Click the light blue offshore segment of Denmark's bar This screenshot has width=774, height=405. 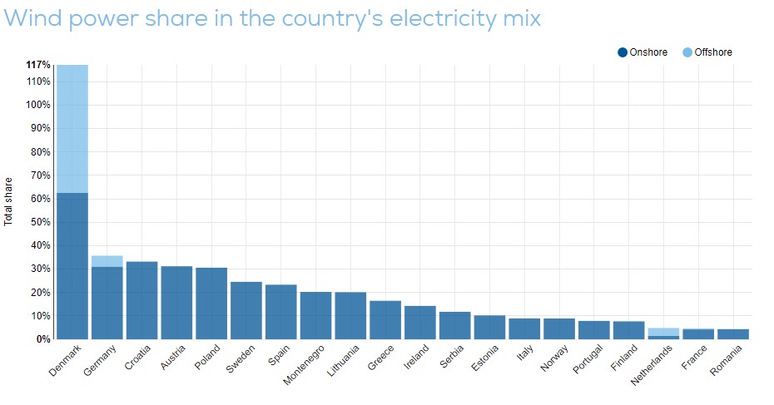pyautogui.click(x=72, y=128)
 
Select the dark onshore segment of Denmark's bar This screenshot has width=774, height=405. pyautogui.click(x=72, y=266)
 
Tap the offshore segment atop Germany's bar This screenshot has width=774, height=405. pyautogui.click(x=107, y=261)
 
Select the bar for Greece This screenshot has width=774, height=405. pyautogui.click(x=385, y=320)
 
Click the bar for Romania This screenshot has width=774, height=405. pyautogui.click(x=733, y=334)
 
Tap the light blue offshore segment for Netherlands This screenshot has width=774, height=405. pyautogui.click(x=663, y=332)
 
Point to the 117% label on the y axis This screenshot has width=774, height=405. pyautogui.click(x=38, y=64)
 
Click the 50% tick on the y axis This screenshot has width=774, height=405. pyautogui.click(x=38, y=222)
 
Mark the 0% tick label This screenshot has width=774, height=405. pyautogui.click(x=42, y=339)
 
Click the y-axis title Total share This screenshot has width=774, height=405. pyautogui.click(x=9, y=201)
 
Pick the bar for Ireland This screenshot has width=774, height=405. pyautogui.click(x=420, y=323)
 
